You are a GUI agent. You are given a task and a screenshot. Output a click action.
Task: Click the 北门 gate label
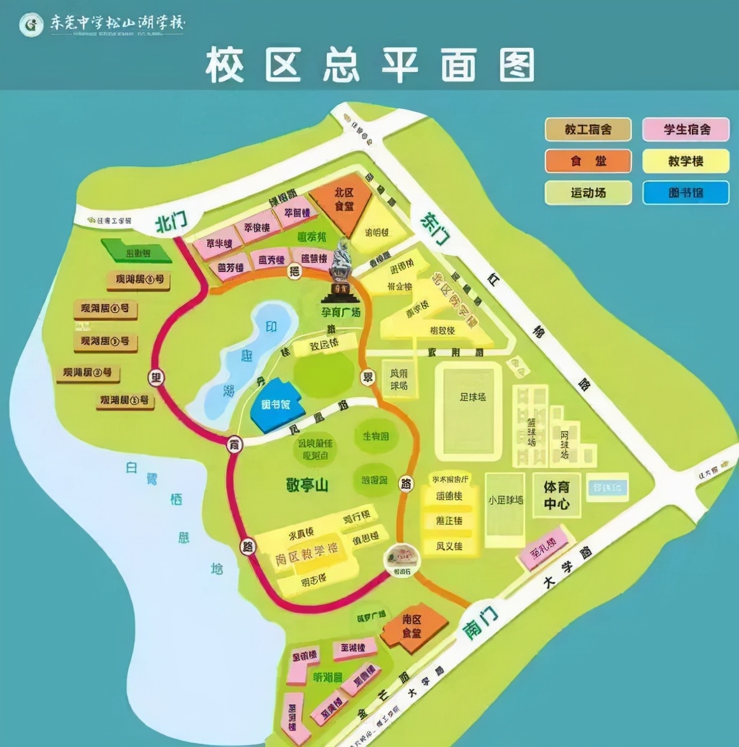click(171, 222)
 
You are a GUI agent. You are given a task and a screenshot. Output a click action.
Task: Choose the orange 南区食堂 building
click(412, 627)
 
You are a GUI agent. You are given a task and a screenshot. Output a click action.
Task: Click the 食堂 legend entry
click(588, 161)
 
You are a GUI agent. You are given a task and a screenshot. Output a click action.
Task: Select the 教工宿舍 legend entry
click(588, 129)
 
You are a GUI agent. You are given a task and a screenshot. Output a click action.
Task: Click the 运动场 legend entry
click(588, 192)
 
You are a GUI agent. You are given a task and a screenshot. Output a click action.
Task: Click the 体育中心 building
click(556, 496)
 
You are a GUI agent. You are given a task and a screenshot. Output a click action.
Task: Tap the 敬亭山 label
click(307, 484)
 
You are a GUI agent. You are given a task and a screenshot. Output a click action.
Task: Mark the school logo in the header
click(30, 25)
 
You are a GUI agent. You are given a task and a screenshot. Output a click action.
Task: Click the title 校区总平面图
click(369, 65)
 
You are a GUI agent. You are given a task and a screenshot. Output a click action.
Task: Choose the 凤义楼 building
click(449, 546)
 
